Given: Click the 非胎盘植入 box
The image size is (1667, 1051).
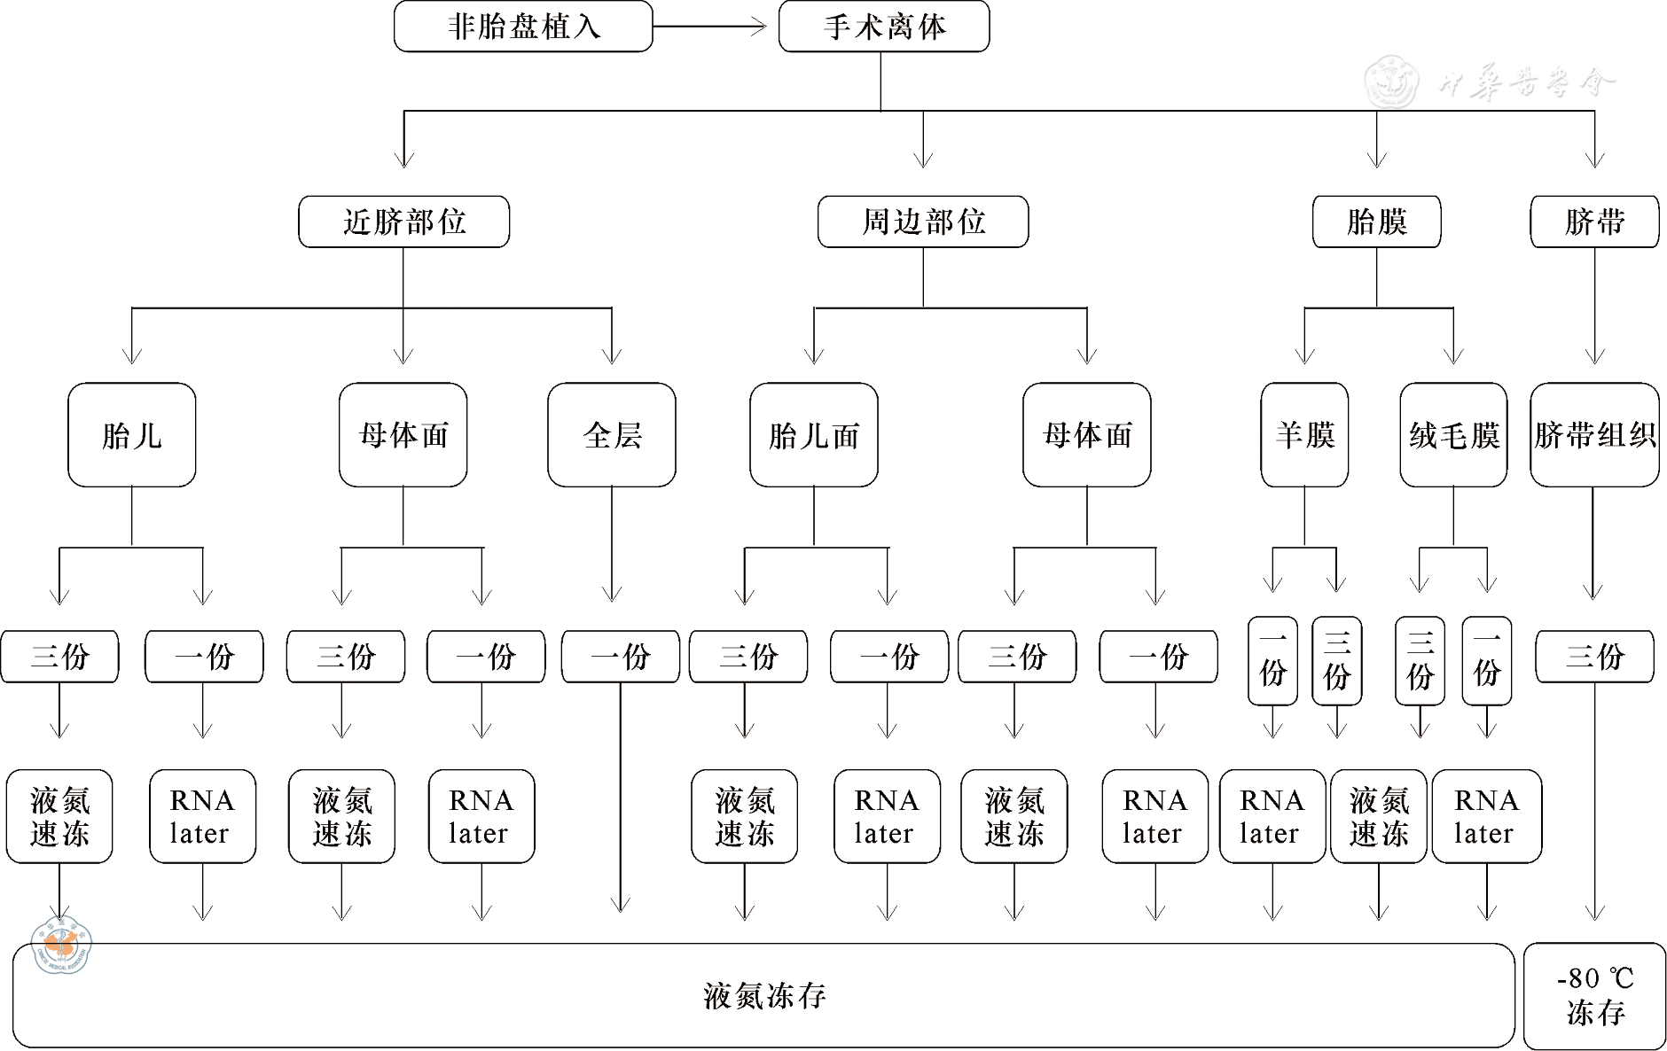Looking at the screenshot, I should [523, 27].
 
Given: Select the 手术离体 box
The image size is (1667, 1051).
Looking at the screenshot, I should [884, 27].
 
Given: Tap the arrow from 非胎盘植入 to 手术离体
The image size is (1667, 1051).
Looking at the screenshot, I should [709, 27].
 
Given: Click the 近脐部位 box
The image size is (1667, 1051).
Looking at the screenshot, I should [404, 222].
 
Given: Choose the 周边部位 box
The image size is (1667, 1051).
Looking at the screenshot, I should [923, 222].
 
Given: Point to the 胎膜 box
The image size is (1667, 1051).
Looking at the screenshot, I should [1376, 222].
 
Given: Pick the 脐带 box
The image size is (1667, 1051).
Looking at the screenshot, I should [1594, 222].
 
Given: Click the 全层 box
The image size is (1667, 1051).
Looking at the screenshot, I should [612, 435].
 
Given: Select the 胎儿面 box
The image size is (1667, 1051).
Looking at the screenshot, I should [814, 435].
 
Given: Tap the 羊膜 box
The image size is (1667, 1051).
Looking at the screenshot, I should [1304, 435].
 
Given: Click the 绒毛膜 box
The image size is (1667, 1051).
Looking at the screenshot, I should [1453, 435].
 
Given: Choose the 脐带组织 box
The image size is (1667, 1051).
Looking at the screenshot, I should [1594, 435].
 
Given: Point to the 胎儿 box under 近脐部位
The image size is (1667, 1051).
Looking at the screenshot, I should [132, 435].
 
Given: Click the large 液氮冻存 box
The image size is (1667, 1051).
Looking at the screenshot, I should [763, 995].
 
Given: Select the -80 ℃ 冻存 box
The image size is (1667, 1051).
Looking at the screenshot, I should [1594, 995].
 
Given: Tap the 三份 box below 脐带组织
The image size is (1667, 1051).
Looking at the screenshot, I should [1594, 657].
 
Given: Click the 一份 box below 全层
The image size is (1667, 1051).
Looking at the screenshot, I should [621, 657].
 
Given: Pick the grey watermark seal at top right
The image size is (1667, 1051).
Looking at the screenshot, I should [1390, 82].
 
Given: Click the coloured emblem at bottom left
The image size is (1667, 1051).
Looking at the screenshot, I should [61, 946].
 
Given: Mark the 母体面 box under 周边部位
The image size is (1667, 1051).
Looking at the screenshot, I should [1087, 435].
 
